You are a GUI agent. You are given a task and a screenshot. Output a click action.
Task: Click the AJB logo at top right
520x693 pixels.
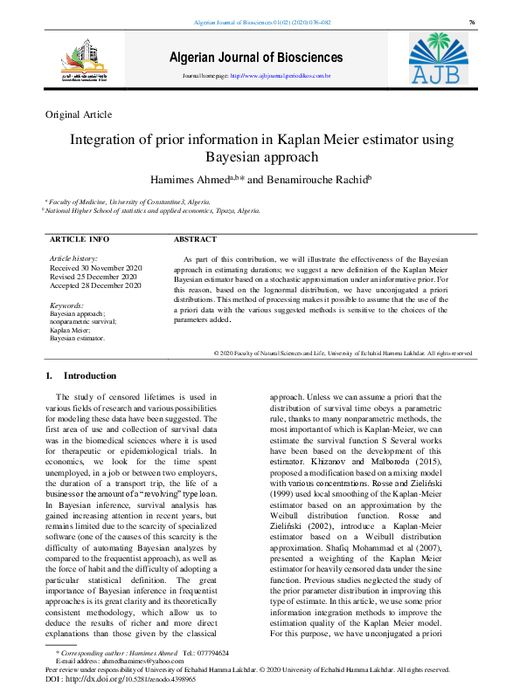[445, 58]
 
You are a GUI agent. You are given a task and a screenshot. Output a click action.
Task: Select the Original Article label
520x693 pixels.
[79, 114]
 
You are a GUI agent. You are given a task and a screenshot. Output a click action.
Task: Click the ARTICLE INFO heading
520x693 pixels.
[80, 238]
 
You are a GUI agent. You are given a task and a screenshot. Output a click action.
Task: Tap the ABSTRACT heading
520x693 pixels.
[195, 238]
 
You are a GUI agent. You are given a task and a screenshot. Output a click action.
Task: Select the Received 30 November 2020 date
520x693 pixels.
[96, 268]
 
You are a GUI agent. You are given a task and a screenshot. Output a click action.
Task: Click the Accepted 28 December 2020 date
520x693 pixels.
[95, 285]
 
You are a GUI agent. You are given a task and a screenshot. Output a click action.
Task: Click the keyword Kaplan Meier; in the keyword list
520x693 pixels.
[71, 331]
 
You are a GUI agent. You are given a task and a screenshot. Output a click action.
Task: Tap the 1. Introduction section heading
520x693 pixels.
[80, 376]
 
